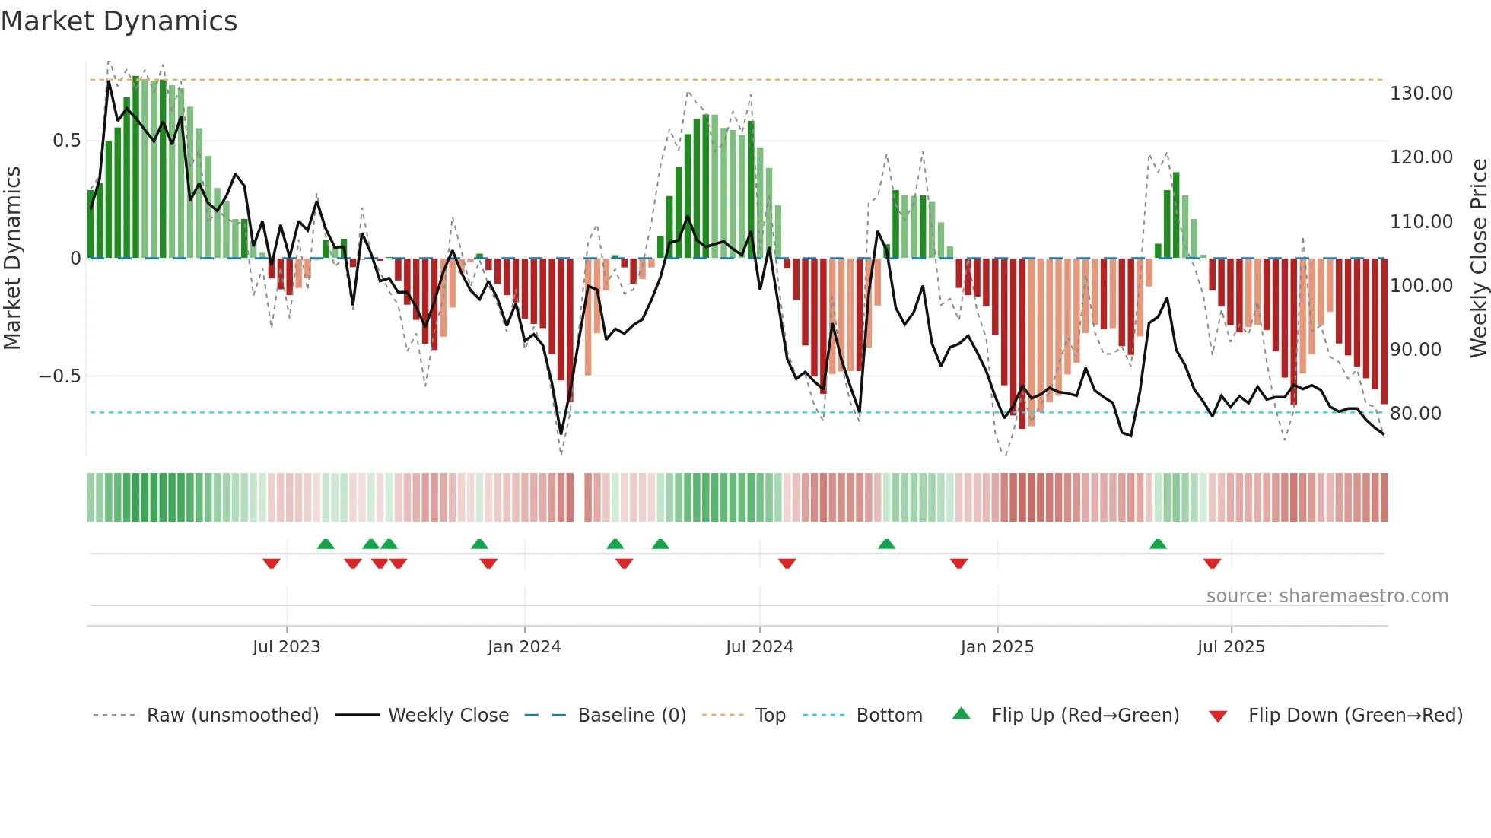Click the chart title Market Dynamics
pos(119,21)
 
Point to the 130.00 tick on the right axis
pos(1421,94)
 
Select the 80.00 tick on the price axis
pos(1415,414)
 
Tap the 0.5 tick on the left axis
pos(66,141)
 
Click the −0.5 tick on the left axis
pos(59,376)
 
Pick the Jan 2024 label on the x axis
pos(524,647)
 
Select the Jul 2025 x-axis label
pos(1231,647)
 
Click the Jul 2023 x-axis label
pos(287,647)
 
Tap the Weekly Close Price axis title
pos(1478,258)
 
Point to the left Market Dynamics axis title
pos(12,258)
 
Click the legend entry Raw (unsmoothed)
pos(232,716)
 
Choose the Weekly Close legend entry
pos(448,716)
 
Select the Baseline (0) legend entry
pos(631,716)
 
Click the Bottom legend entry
pos(889,716)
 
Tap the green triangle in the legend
pos(962,713)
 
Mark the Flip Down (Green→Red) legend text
pos(1355,716)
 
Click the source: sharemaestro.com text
pos(1327,596)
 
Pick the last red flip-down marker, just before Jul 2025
pos(1212,563)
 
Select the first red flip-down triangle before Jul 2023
pos(272,563)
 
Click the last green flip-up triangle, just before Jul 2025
pos(1158,544)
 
